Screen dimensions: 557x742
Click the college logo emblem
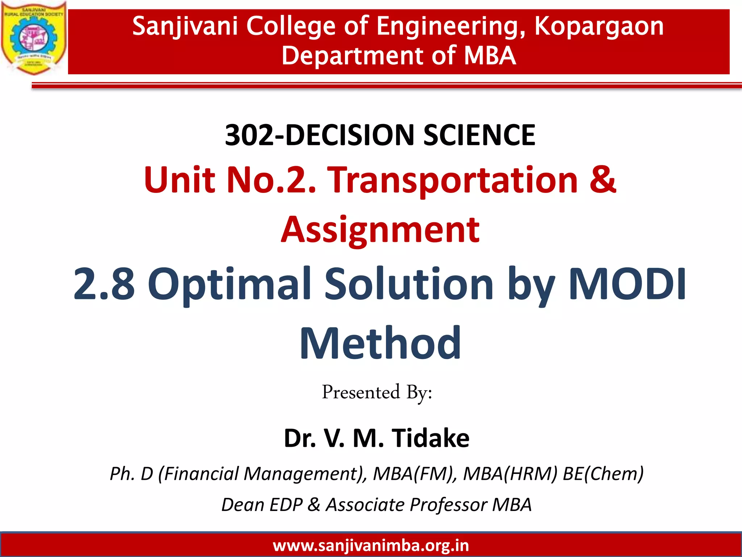33,38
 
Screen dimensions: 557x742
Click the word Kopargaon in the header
599,26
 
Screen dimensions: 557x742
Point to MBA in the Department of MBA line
490,56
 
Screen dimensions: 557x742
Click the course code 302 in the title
249,135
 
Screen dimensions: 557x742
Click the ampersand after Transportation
603,180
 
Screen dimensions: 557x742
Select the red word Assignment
380,230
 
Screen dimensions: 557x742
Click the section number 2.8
104,284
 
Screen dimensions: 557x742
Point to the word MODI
627,284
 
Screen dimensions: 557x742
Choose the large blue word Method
380,343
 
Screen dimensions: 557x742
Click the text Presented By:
377,393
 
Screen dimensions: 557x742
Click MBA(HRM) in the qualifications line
510,474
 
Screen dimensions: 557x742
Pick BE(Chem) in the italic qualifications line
603,474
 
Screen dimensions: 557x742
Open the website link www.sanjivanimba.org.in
371,545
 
